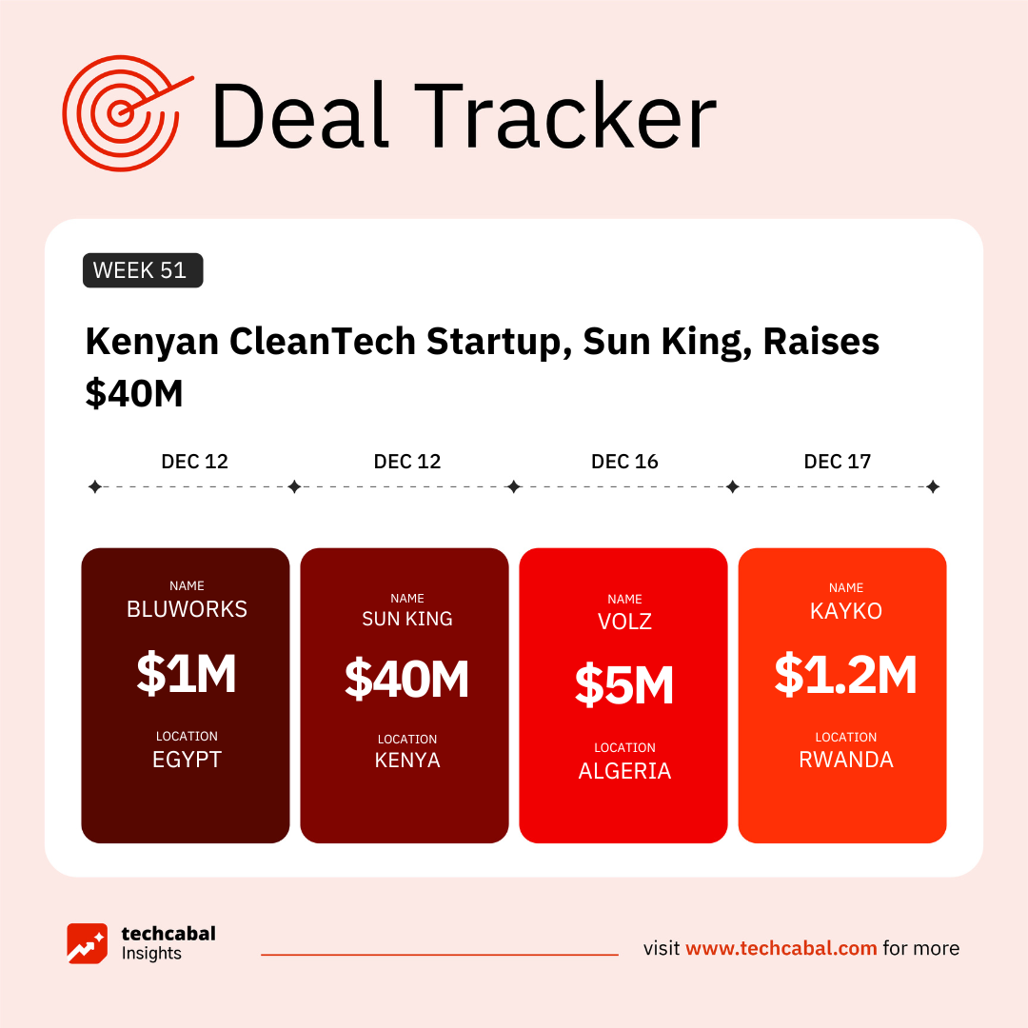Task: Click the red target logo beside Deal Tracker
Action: point(122,112)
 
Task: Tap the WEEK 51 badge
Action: point(143,270)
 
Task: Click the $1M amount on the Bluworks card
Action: point(186,674)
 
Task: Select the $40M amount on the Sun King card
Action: point(406,680)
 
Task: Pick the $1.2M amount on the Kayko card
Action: point(845,674)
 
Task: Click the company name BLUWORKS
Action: point(187,610)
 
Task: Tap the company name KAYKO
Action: point(845,611)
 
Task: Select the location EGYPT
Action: point(187,761)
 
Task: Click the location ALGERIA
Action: point(624,772)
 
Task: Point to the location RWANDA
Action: point(845,761)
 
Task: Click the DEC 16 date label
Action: point(624,462)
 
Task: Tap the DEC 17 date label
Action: point(837,462)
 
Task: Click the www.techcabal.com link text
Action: point(781,948)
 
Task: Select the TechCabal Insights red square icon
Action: point(87,943)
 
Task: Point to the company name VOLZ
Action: point(624,623)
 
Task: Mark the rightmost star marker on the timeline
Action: point(933,487)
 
